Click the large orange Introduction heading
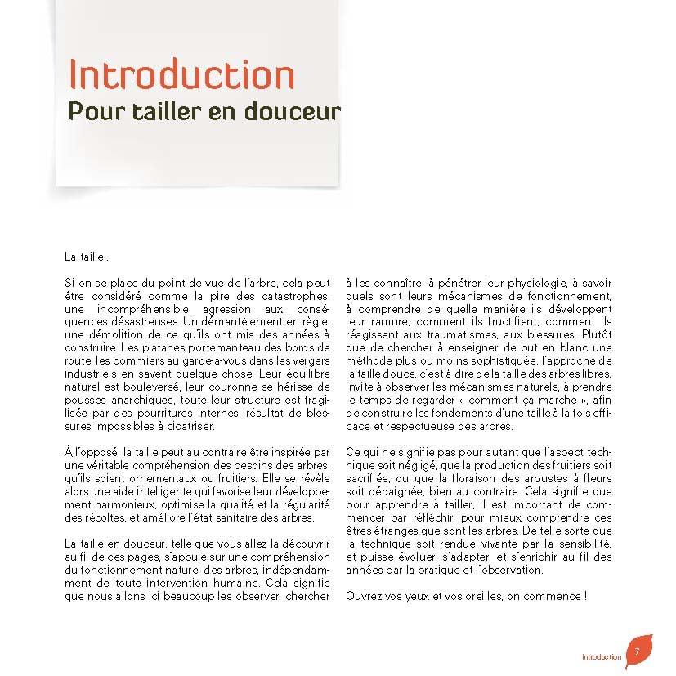click(181, 75)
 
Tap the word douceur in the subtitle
click(298, 110)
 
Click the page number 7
click(637, 651)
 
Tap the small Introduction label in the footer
click(601, 657)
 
